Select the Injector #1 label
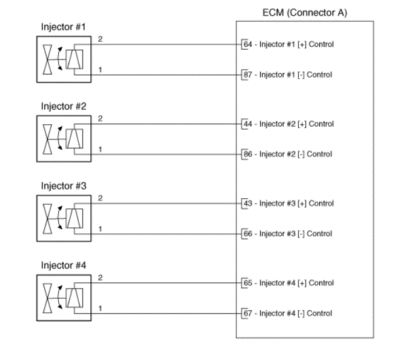pyautogui.click(x=64, y=27)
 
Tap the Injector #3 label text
pyautogui.click(x=64, y=186)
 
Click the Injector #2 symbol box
pyautogui.click(x=64, y=139)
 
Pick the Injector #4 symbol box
pyautogui.click(x=64, y=298)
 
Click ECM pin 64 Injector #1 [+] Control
pyautogui.click(x=288, y=44)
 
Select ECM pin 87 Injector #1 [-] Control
pyautogui.click(x=288, y=75)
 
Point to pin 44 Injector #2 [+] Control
pyautogui.click(x=288, y=124)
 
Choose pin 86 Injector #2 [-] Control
pyautogui.click(x=288, y=154)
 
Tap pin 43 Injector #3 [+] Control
pyautogui.click(x=288, y=203)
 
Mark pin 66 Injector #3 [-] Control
pyautogui.click(x=288, y=233)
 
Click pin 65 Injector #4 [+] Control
pyautogui.click(x=288, y=282)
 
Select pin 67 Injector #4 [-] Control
pyautogui.click(x=288, y=313)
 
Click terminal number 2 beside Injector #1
pyautogui.click(x=100, y=39)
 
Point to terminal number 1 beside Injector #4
pyautogui.click(x=100, y=308)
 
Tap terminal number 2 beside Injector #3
pyautogui.click(x=100, y=198)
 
